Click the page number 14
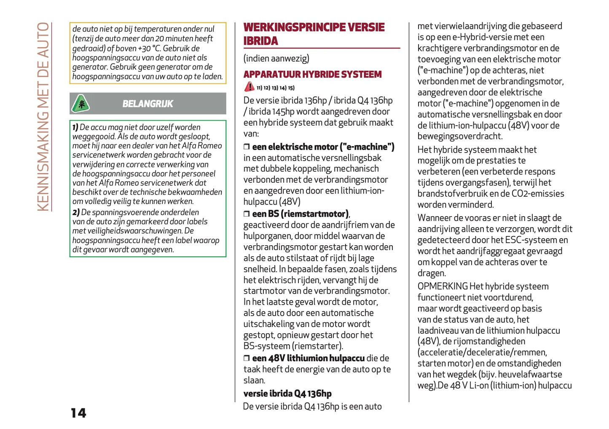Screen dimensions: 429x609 point(78,413)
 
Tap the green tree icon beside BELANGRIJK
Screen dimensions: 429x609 point(80,104)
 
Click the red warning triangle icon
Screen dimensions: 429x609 point(249,87)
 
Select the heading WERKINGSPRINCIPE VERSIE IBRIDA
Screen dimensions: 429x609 point(314,34)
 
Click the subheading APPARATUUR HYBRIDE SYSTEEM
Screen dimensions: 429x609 point(312,75)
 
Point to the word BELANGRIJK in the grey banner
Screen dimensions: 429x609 point(148,104)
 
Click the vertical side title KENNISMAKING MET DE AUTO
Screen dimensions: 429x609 point(43,117)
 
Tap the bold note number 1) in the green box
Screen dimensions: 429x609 point(75,127)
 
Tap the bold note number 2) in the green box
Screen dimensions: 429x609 point(76,212)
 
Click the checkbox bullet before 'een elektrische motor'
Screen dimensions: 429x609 point(247,147)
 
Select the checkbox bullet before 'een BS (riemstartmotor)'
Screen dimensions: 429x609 point(247,214)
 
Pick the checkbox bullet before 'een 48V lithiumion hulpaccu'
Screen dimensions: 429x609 point(247,359)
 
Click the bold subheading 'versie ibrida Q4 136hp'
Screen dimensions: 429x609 point(287,394)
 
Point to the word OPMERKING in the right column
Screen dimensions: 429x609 point(443,287)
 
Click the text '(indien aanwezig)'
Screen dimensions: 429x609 point(276,59)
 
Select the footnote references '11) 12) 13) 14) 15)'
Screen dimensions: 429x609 point(276,88)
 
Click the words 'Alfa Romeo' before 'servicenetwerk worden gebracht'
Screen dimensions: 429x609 point(202,146)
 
